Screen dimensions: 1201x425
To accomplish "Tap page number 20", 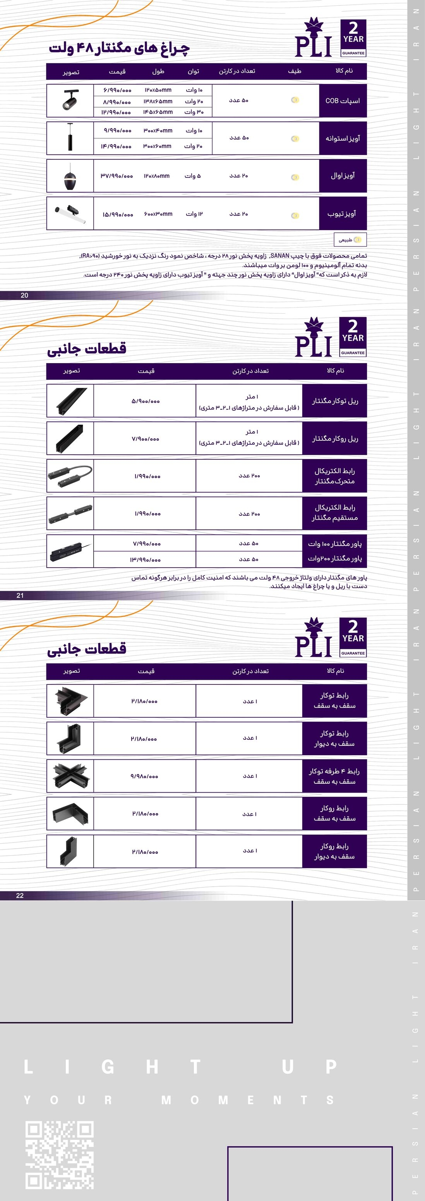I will [x=24, y=295].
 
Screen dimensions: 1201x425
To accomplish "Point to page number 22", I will [x=20, y=895].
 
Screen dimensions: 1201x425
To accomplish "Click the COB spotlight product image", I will [x=70, y=100].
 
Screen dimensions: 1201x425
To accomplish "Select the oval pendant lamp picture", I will [x=70, y=176].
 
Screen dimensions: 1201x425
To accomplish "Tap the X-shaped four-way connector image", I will [x=70, y=776].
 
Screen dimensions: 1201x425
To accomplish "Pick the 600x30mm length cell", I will [x=158, y=214].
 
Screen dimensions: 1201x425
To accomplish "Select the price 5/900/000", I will [x=145, y=401].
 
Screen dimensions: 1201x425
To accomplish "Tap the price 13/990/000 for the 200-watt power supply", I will [x=145, y=560].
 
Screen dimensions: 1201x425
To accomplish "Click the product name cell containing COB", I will [x=343, y=101].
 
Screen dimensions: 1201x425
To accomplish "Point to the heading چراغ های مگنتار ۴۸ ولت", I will [x=120, y=48].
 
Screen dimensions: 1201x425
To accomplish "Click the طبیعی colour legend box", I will [x=350, y=240].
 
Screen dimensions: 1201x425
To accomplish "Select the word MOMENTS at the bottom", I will [x=247, y=1100].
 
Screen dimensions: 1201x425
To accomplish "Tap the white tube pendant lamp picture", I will [x=70, y=213].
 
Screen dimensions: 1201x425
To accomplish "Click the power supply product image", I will [x=70, y=551].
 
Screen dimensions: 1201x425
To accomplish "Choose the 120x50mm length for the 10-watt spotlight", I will [x=158, y=90].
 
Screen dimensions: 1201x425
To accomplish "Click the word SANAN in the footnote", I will [x=279, y=256].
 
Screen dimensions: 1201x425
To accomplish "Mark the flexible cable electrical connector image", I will [x=70, y=476].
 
